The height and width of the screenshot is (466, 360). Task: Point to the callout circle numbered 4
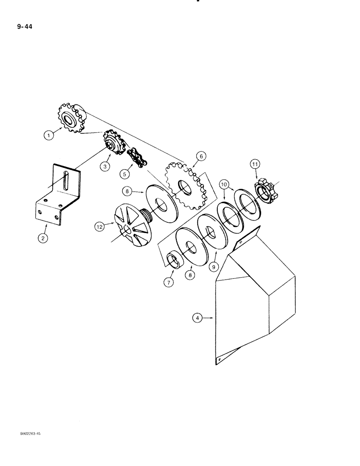[198, 318]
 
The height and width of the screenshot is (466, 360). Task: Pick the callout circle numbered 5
[124, 174]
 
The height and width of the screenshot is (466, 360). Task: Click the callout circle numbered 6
[200, 156]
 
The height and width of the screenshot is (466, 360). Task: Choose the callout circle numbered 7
[168, 282]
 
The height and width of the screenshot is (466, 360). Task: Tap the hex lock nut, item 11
[265, 191]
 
